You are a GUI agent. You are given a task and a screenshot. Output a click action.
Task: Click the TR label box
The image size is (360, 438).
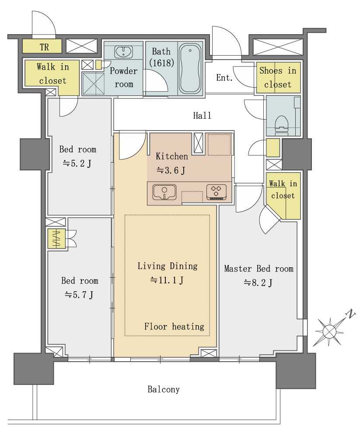pos(42,46)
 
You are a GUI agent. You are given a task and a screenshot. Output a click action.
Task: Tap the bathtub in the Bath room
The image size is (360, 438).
pos(190,68)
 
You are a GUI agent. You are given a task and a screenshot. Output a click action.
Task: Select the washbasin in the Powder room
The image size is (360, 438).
pos(124,52)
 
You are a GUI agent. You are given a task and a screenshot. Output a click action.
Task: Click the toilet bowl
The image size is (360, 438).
pos(281,124)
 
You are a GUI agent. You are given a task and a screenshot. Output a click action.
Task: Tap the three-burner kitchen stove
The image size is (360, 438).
pos(217,192)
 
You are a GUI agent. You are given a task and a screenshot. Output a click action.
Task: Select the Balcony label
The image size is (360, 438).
pos(164,389)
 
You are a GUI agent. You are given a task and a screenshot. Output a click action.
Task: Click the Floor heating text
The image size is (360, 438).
pos(174,326)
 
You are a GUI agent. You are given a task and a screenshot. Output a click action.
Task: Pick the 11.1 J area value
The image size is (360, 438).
pos(167,280)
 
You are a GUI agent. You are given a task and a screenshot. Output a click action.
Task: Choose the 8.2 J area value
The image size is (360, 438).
pos(258,283)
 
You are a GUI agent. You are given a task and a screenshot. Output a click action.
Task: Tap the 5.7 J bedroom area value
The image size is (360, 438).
pos(79,294)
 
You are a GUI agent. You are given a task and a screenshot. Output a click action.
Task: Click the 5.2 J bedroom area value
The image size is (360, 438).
pos(77,163)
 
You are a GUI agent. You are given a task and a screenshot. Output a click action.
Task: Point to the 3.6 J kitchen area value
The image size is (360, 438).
pos(171,170)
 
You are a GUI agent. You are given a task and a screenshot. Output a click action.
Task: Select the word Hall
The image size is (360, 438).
pos(202,115)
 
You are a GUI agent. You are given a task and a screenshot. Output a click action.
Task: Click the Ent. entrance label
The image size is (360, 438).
pos(224,78)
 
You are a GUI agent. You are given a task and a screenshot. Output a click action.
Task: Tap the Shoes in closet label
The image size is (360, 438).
pos(278,78)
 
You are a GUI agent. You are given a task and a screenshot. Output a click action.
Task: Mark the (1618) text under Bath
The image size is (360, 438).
pos(161,63)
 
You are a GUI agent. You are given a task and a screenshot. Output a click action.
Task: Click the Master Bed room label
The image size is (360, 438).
pos(259,269)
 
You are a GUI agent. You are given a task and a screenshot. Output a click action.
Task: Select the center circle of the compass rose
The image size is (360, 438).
pos(329,332)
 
